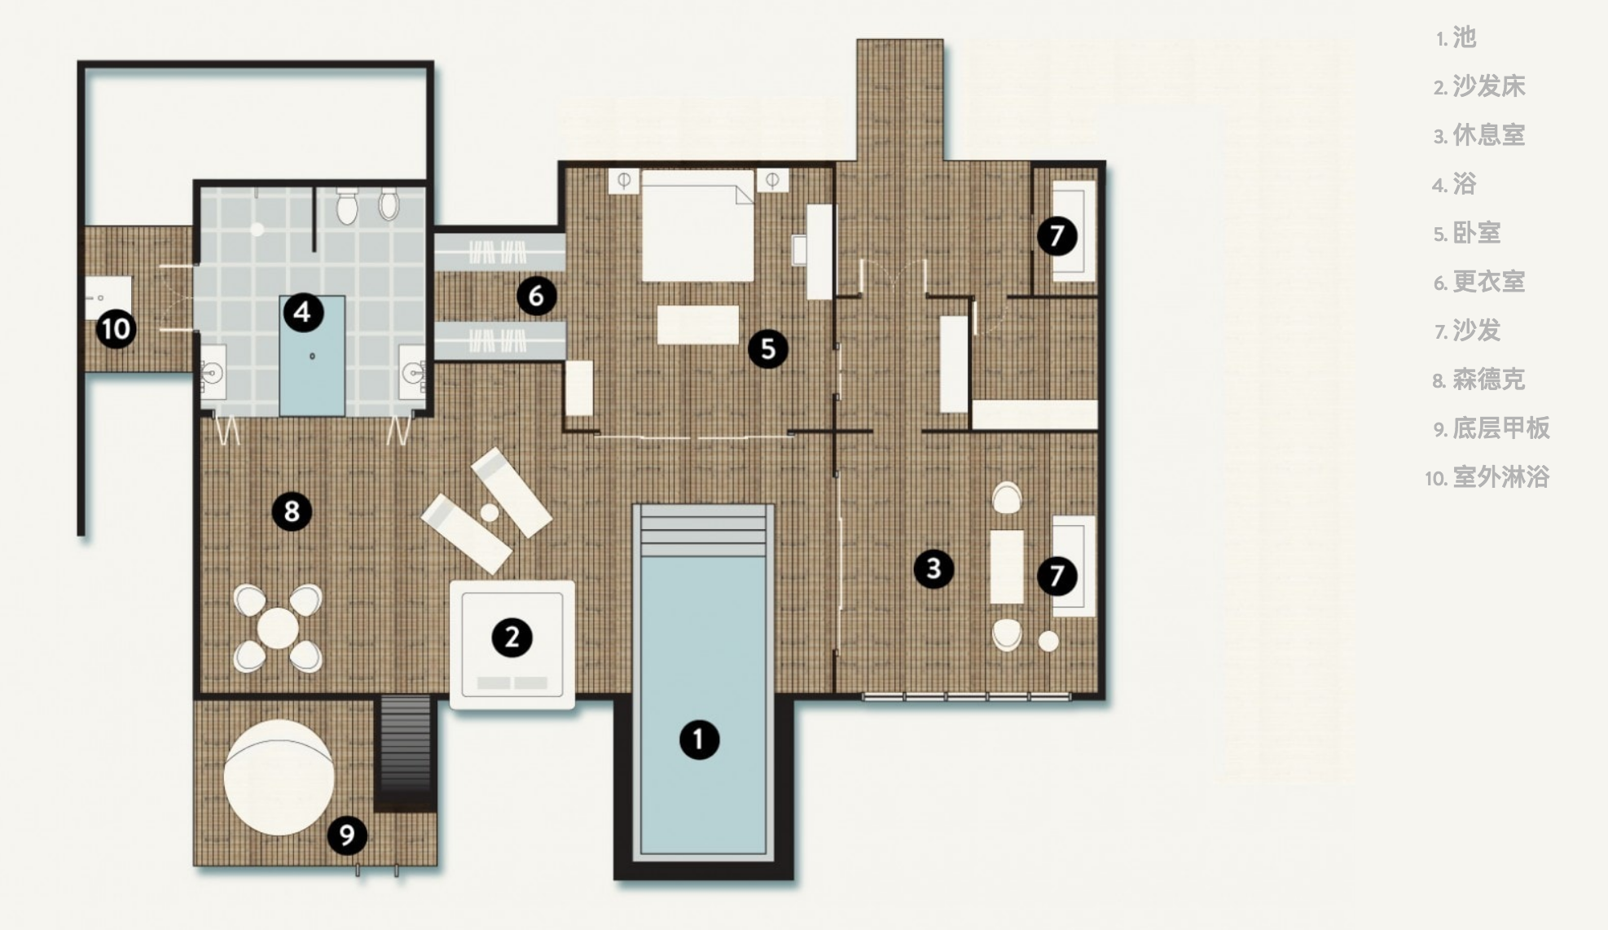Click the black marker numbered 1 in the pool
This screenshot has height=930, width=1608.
699,739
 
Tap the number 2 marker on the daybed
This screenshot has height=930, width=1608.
512,638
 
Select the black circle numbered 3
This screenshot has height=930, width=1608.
934,568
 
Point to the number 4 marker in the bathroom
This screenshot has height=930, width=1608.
302,313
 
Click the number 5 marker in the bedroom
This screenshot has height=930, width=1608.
767,349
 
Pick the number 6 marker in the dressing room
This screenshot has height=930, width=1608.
536,296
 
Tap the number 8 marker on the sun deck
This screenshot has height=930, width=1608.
292,511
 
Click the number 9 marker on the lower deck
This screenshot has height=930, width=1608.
347,835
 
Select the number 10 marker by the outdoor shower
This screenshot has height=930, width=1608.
116,329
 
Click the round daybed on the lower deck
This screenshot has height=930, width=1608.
279,777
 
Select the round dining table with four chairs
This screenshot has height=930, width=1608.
278,628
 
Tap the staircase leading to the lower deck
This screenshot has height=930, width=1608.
405,753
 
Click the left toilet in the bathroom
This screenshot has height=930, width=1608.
348,207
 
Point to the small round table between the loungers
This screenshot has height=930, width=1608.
490,512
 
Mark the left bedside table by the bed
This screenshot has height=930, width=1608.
624,180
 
